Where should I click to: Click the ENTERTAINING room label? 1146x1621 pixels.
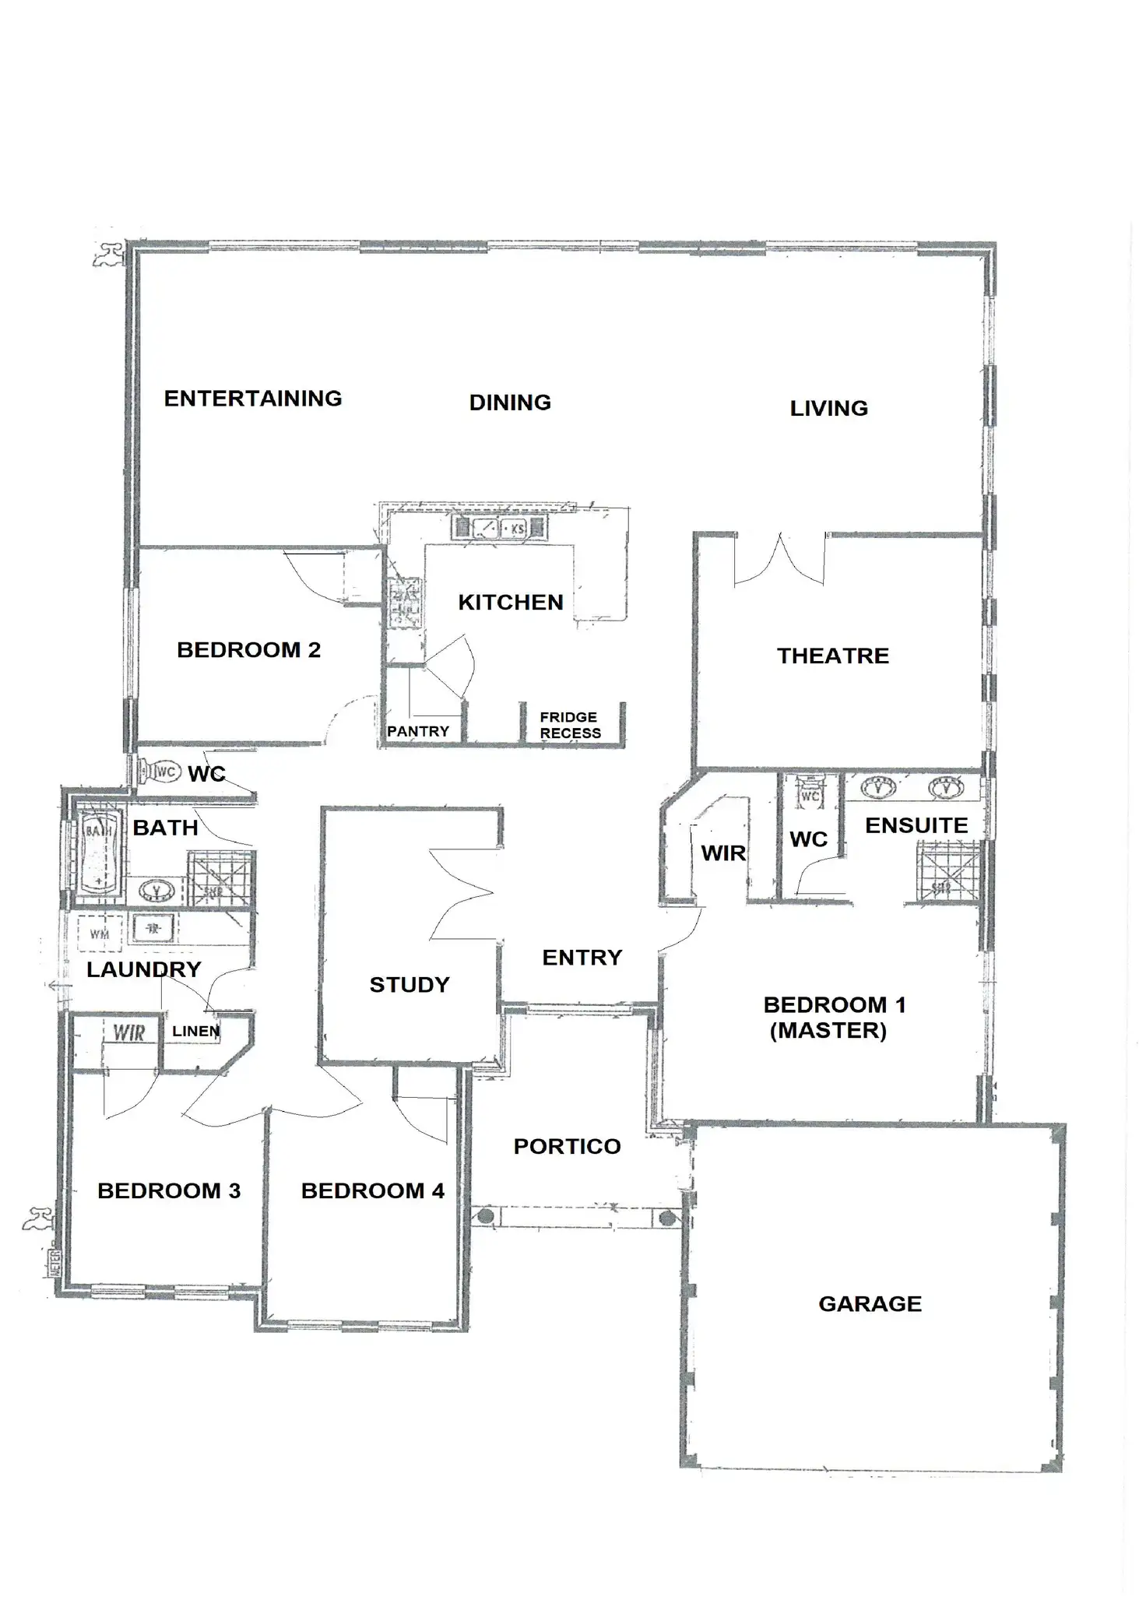pyautogui.click(x=253, y=399)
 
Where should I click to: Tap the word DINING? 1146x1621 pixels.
pyautogui.click(x=510, y=403)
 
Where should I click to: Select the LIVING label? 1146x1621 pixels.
pyautogui.click(x=828, y=408)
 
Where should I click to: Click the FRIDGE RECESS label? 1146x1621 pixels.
pyautogui.click(x=570, y=725)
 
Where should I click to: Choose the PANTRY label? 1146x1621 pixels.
pyautogui.click(x=418, y=731)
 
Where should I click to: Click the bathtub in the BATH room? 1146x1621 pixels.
pyautogui.click(x=97, y=853)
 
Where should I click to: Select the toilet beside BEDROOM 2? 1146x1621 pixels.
pyautogui.click(x=158, y=772)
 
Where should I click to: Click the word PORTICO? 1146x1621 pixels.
pyautogui.click(x=567, y=1146)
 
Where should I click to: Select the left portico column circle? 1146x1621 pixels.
pyautogui.click(x=485, y=1215)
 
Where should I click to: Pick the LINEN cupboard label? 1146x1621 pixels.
pyautogui.click(x=195, y=1031)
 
